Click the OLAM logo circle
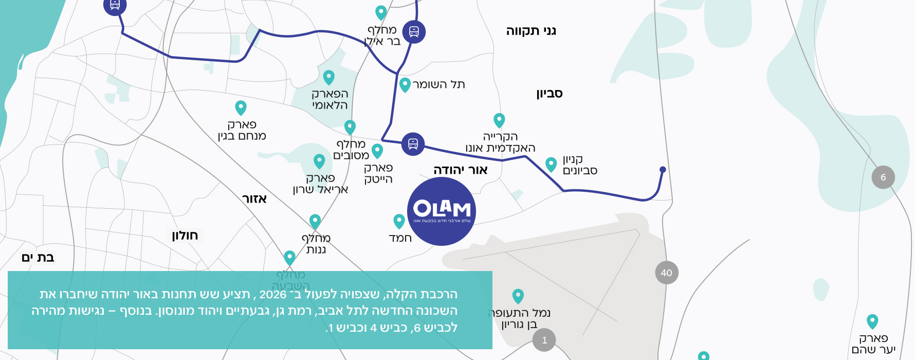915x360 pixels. (x=441, y=211)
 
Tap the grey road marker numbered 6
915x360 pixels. (x=883, y=177)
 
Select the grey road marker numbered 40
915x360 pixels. (x=667, y=273)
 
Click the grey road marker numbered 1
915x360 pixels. (x=544, y=340)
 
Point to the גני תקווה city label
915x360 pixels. (x=531, y=31)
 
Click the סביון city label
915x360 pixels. (x=550, y=94)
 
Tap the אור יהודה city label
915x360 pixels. (x=461, y=170)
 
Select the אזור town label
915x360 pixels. (x=254, y=199)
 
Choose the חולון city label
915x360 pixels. (x=185, y=236)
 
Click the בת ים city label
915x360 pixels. (x=38, y=257)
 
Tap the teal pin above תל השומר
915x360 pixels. (x=405, y=84)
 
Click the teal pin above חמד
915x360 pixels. (x=399, y=221)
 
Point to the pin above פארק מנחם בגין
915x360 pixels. (x=241, y=107)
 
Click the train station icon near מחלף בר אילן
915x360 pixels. (x=414, y=32)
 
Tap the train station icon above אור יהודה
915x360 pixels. (x=413, y=144)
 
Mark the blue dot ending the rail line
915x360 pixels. (x=663, y=170)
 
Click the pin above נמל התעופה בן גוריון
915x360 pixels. (x=518, y=296)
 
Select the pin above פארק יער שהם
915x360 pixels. (x=872, y=321)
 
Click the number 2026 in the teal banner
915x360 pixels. (x=273, y=294)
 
